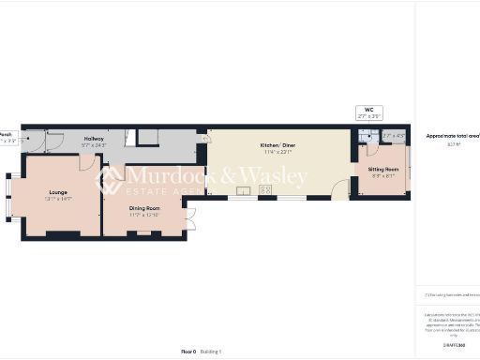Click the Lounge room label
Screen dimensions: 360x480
point(58,191)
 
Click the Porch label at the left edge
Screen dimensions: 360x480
point(6,134)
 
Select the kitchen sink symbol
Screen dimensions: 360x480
point(244,190)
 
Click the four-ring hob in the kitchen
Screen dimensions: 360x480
point(265,190)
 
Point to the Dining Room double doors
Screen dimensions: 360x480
point(190,222)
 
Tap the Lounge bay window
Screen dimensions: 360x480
point(13,198)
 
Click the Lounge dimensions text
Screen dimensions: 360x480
point(58,199)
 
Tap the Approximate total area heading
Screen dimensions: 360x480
point(452,136)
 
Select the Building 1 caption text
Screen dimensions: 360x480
point(211,352)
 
